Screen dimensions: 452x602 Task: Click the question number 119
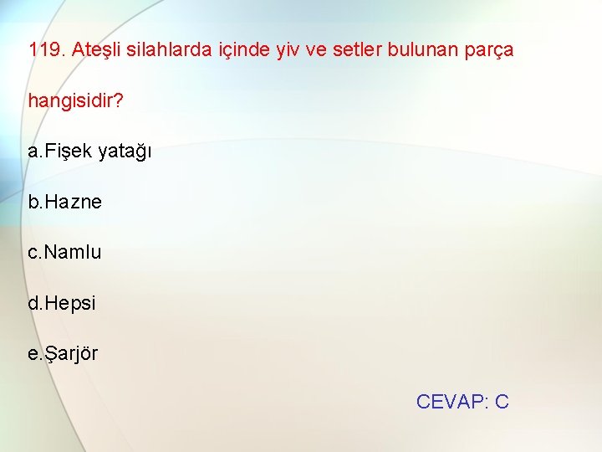coord(47,50)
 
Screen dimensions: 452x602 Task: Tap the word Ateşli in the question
coord(96,50)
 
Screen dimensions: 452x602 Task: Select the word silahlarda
coord(169,50)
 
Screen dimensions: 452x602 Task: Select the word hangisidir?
coord(76,101)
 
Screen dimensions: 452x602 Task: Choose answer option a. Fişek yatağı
coord(89,152)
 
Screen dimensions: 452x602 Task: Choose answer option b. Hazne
coord(65,202)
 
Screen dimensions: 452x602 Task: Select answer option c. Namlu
coord(65,252)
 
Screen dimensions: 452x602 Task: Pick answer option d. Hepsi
coord(63,303)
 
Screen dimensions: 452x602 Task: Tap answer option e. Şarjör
coord(64,353)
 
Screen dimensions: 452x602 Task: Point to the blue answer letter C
coord(502,402)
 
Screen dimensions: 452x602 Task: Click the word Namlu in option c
coord(73,252)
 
